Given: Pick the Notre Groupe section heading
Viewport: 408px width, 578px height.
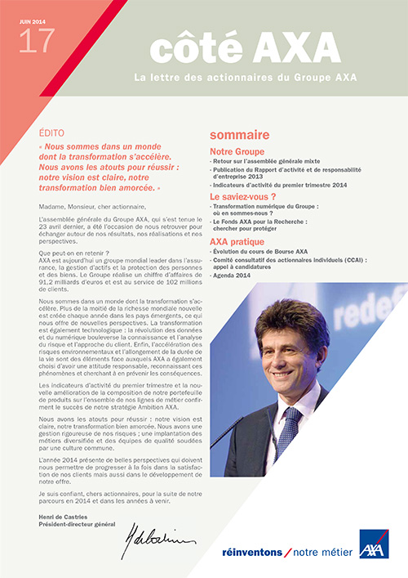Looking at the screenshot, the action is tap(237, 151).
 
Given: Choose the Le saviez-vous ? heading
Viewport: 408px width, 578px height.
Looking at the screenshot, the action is tap(243, 197).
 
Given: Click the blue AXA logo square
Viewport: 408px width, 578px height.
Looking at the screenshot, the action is tap(374, 544).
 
